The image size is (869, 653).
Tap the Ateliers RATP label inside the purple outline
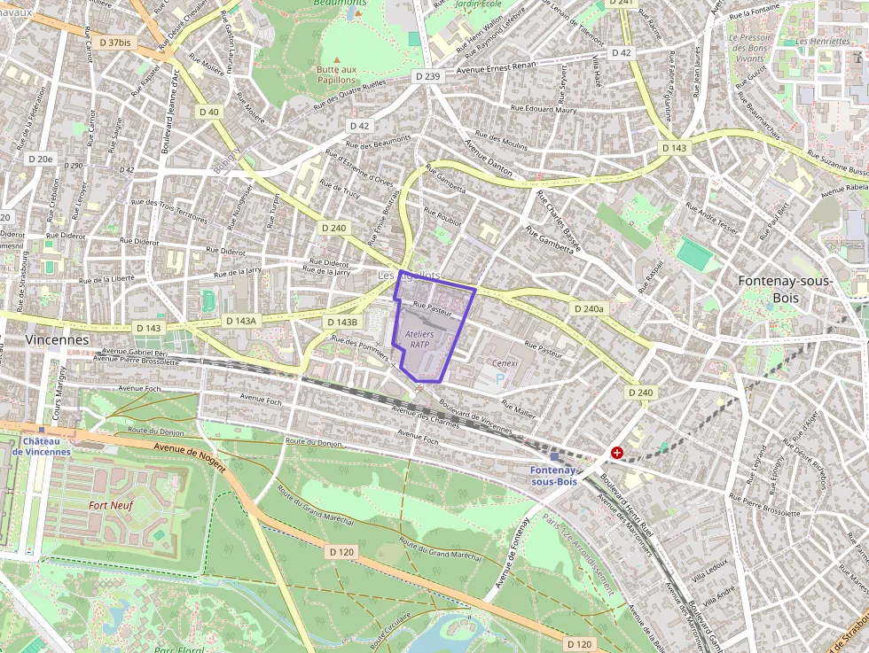pos(419,338)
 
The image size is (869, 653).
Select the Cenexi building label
pos(505,362)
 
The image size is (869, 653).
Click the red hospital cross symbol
pos(617,453)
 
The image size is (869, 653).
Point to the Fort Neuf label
pos(111,505)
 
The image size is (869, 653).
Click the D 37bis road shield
pos(114,42)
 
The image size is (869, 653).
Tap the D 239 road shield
pos(427,77)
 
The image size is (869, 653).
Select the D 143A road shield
pos(240,321)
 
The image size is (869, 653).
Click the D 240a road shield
pos(589,309)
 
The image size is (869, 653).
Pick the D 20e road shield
pos(40,159)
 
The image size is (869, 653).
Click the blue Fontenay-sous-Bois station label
pos(553,476)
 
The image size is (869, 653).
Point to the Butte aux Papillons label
pos(336,74)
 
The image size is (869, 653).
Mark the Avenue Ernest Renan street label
pos(500,70)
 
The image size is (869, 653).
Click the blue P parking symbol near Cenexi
pos(499,379)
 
